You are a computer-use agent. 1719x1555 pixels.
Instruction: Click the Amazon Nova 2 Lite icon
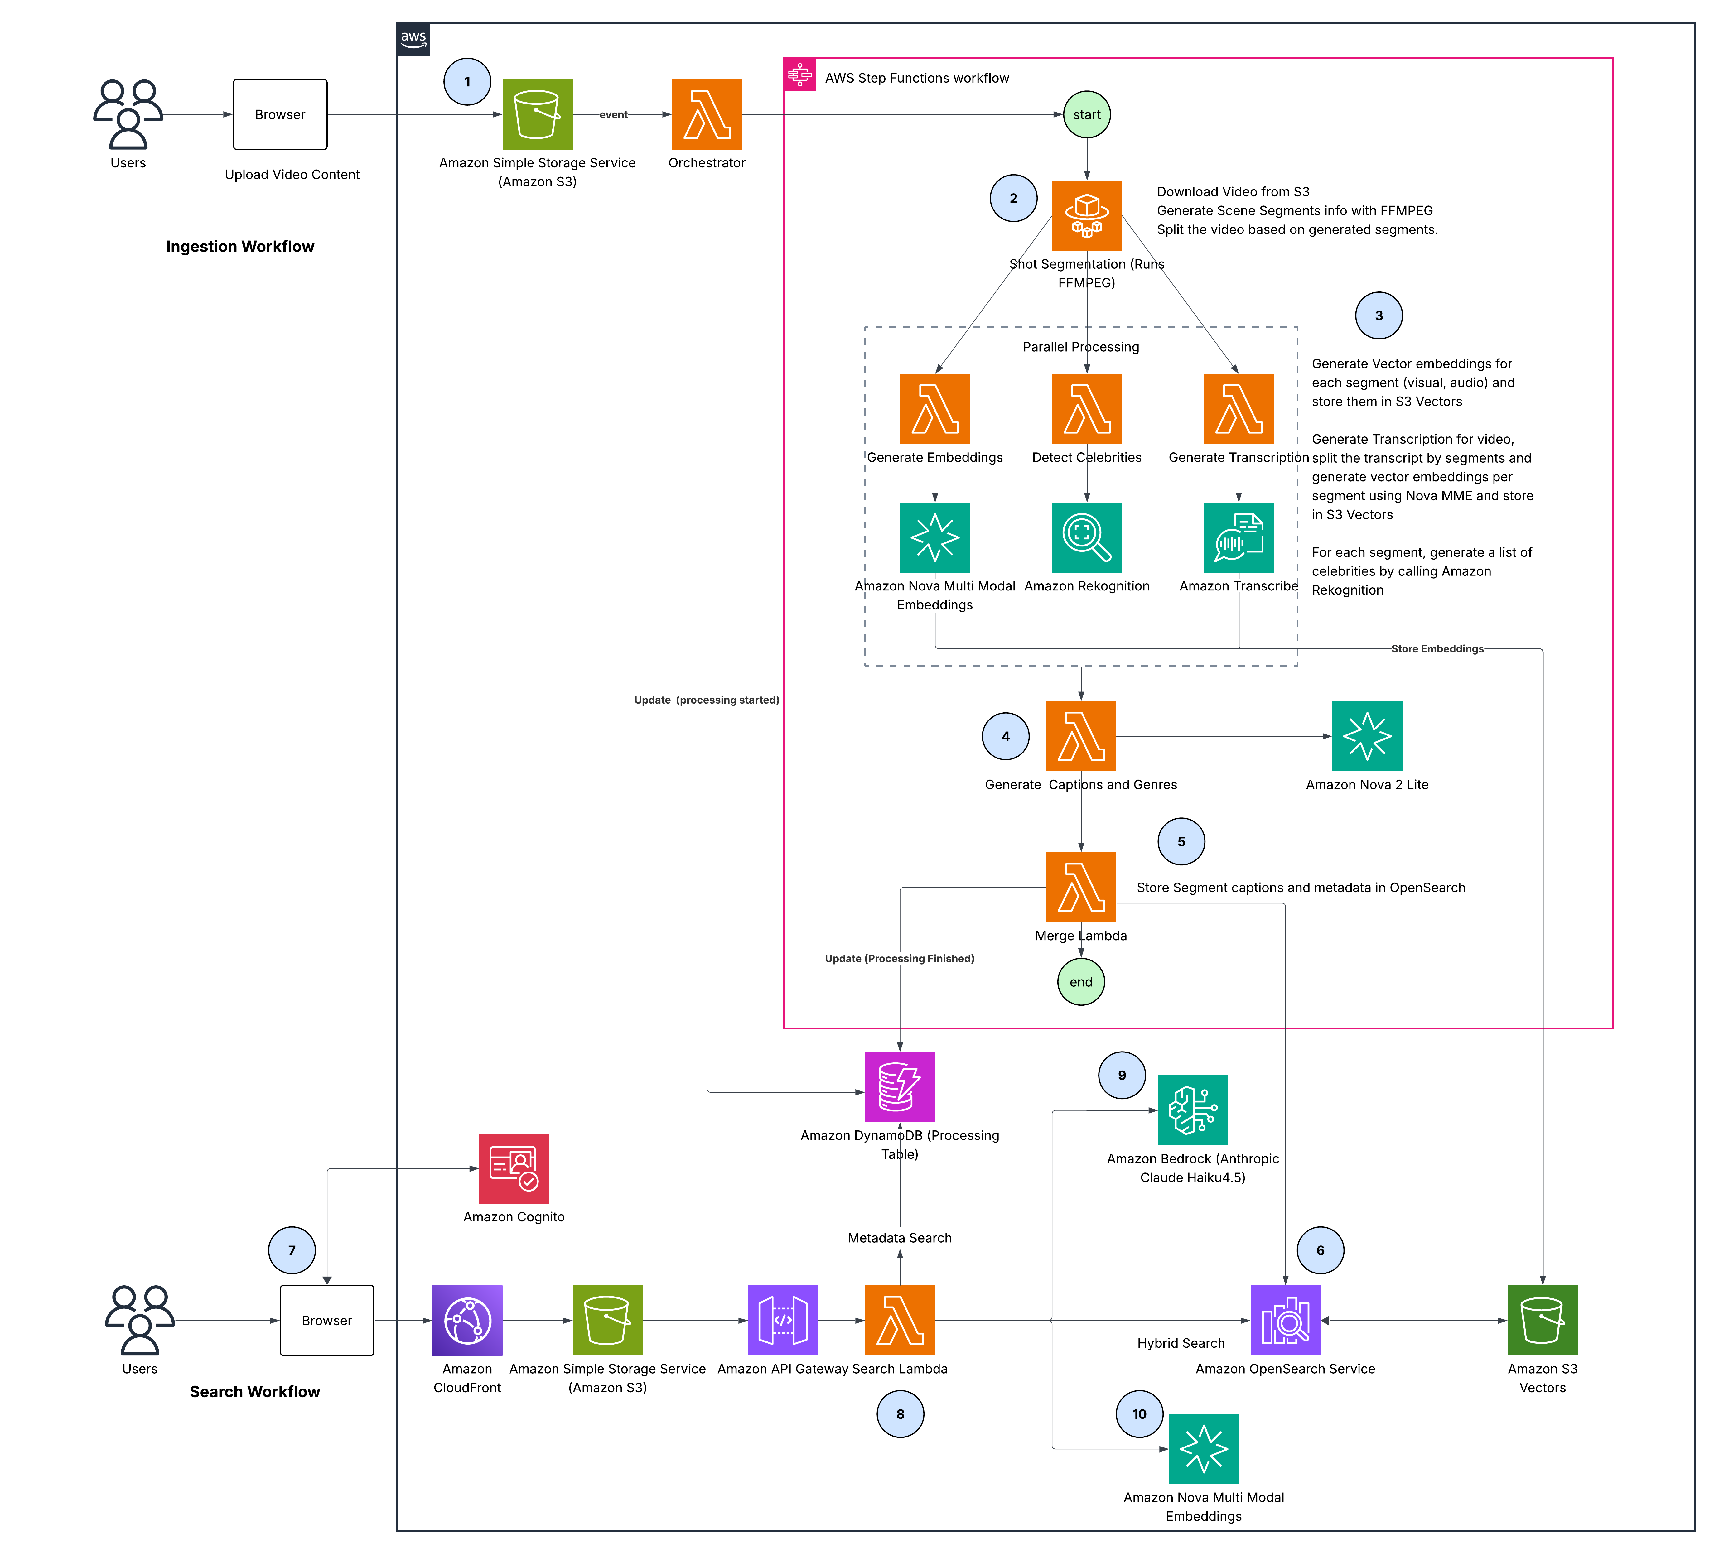(x=1367, y=736)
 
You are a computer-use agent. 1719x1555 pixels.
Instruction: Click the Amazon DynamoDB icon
(x=900, y=1087)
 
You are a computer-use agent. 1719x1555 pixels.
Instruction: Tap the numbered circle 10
(x=1139, y=1413)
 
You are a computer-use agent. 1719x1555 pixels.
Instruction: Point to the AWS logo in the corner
(x=413, y=39)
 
